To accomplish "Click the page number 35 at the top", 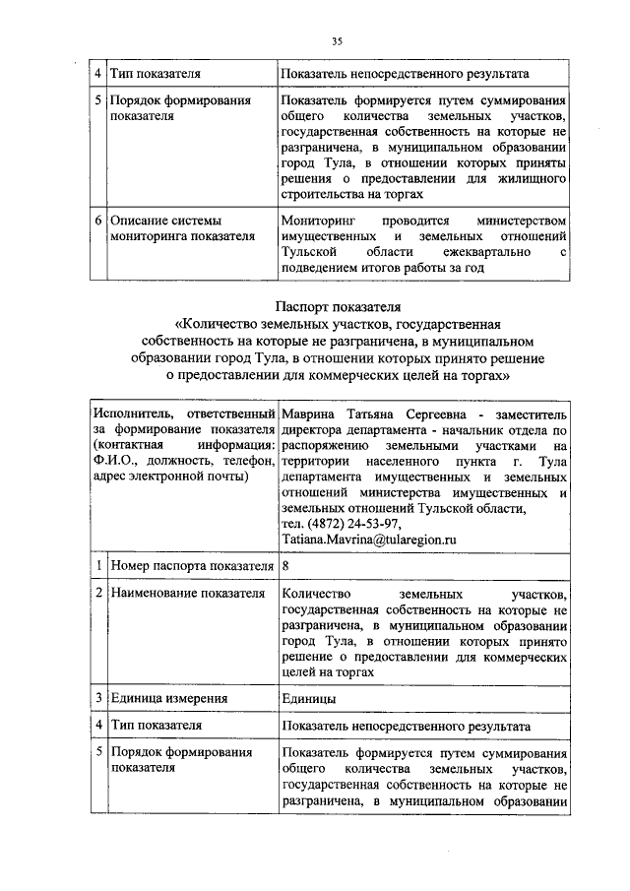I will point(337,41).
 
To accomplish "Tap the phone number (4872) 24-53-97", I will point(340,524).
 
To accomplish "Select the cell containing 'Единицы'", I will point(308,698).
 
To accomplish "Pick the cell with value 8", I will point(285,566).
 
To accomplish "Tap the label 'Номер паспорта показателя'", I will point(191,566).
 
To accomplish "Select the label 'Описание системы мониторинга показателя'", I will point(182,228).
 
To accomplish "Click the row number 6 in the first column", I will point(98,222).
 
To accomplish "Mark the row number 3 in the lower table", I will point(98,698).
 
